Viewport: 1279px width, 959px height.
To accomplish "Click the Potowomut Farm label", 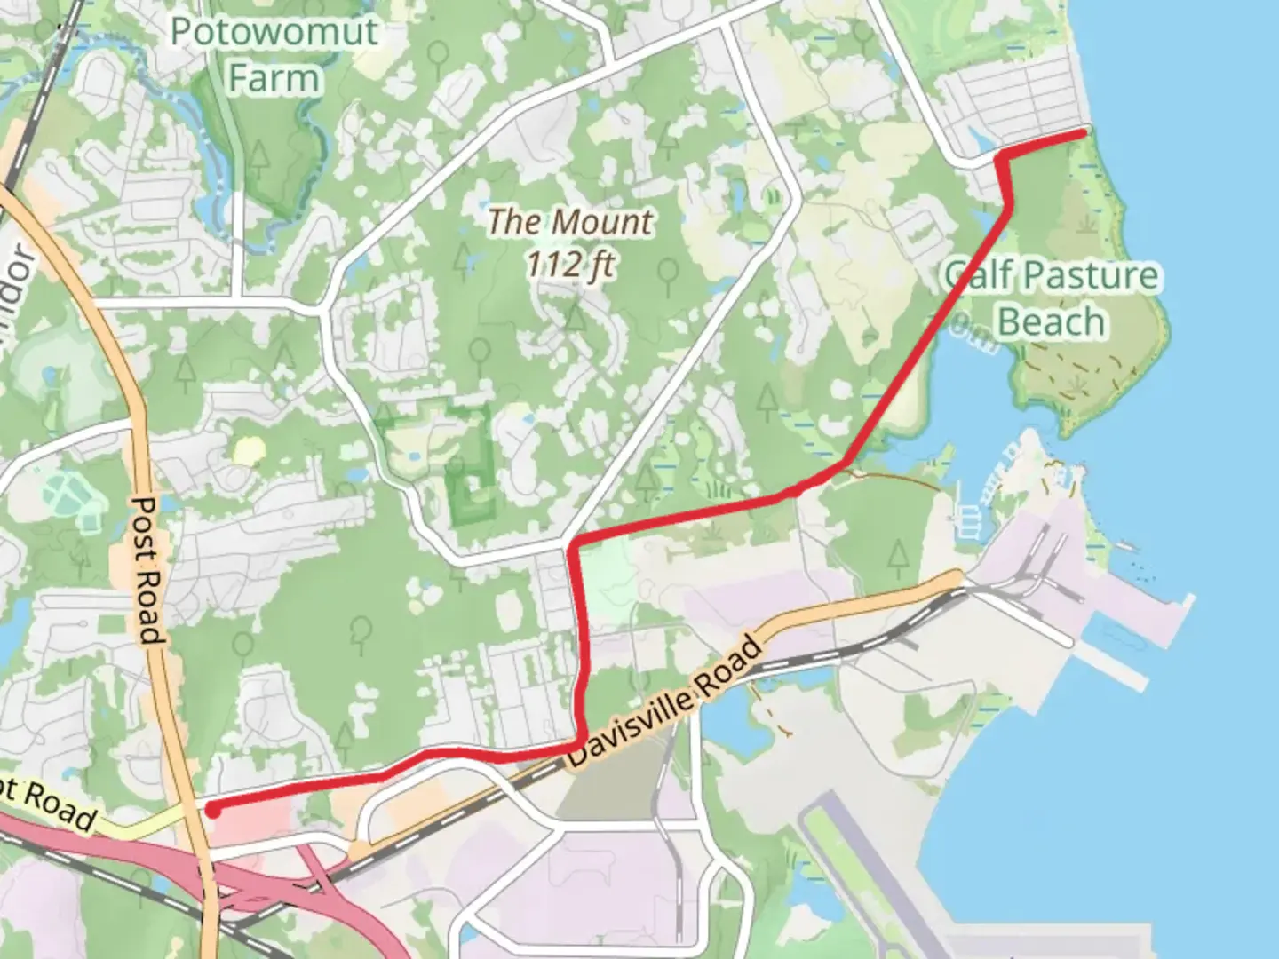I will coord(274,55).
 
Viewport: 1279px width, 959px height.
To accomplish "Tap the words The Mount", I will coord(570,221).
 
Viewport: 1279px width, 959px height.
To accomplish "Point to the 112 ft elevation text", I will coord(570,264).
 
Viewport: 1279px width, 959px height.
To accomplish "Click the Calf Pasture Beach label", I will coord(1052,298).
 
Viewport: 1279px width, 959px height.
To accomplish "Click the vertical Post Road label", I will coord(147,568).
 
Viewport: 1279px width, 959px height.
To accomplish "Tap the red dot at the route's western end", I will coord(212,809).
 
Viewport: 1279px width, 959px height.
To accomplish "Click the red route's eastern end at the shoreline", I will coord(1083,133).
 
